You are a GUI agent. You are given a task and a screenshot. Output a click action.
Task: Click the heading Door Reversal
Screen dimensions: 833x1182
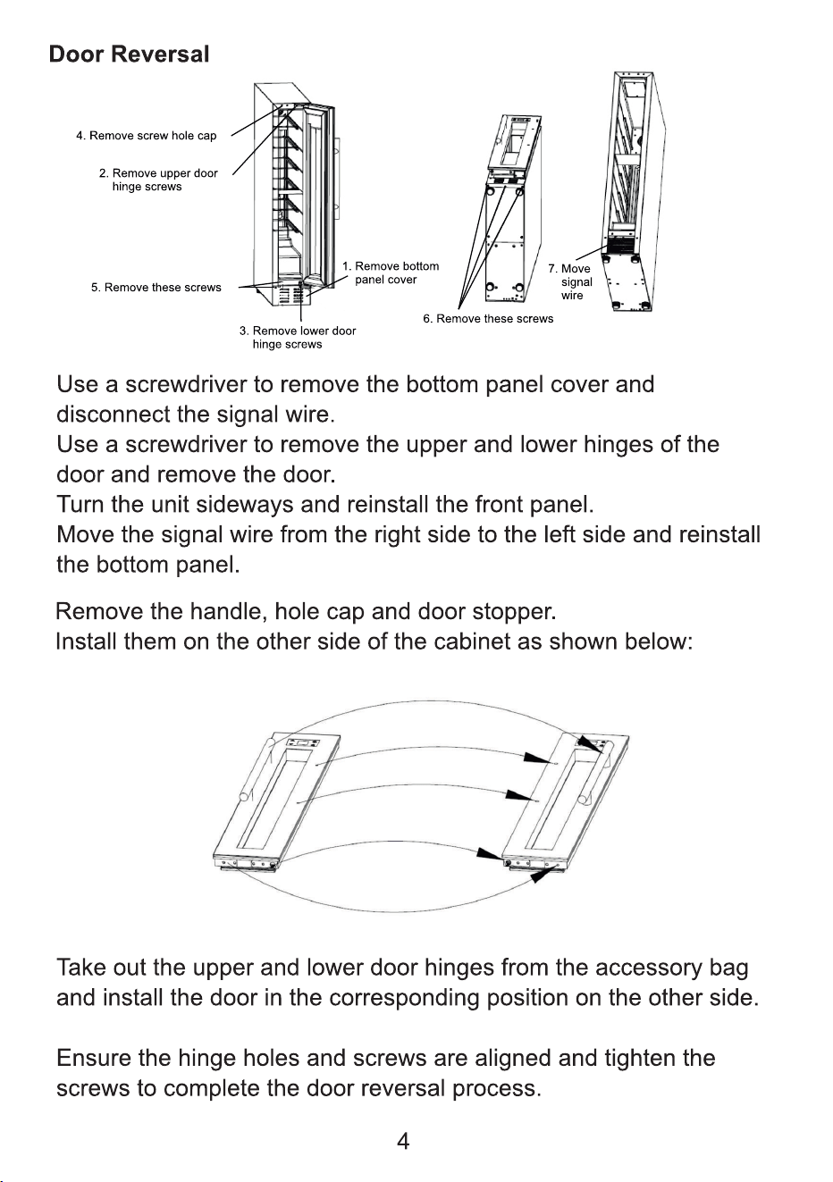click(x=129, y=54)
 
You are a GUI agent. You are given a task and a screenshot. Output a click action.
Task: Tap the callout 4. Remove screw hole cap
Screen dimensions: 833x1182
click(x=147, y=136)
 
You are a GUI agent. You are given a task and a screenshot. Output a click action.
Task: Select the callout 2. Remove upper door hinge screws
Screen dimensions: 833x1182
click(x=158, y=180)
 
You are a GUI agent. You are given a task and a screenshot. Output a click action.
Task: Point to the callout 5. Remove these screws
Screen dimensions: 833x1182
click(x=156, y=288)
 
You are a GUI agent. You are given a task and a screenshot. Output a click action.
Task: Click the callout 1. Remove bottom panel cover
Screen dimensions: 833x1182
click(x=391, y=272)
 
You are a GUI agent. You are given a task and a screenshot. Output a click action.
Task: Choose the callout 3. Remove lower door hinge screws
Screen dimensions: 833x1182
click(x=298, y=337)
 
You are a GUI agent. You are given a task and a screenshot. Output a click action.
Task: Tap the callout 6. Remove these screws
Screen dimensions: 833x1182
click(x=488, y=319)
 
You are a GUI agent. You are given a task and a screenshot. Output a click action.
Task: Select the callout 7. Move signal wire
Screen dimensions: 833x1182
click(x=570, y=281)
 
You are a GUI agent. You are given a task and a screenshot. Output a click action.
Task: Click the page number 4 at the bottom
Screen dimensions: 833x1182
click(x=403, y=1142)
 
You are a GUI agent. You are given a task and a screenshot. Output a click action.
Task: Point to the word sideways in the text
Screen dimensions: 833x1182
click(x=244, y=505)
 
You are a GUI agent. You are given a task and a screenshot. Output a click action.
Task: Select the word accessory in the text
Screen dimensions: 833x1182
click(x=649, y=968)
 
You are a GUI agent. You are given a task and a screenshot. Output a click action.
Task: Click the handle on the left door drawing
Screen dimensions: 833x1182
click(x=255, y=769)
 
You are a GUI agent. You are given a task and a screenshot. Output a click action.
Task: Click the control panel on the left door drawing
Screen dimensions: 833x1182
click(x=303, y=742)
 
